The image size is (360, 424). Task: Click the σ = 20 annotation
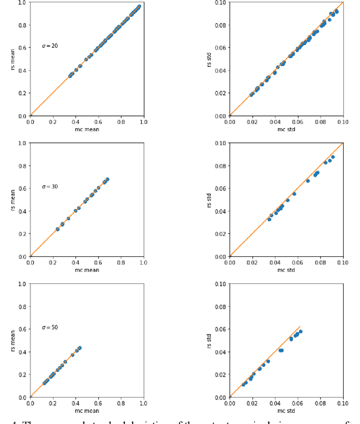click(50, 46)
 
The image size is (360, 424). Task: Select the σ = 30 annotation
click(50, 186)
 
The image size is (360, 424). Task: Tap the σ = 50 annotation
click(50, 327)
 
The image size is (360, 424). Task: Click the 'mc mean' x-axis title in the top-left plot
click(87, 130)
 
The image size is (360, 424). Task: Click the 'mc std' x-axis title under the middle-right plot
click(286, 270)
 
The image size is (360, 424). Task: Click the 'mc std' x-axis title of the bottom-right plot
click(286, 410)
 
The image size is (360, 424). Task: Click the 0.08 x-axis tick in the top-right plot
click(321, 122)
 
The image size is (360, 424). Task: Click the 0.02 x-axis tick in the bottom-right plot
click(253, 403)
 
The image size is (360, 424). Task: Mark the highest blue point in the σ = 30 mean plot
click(107, 179)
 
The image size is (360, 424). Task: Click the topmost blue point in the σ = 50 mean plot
click(80, 347)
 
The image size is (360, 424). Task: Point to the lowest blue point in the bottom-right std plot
click(244, 385)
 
